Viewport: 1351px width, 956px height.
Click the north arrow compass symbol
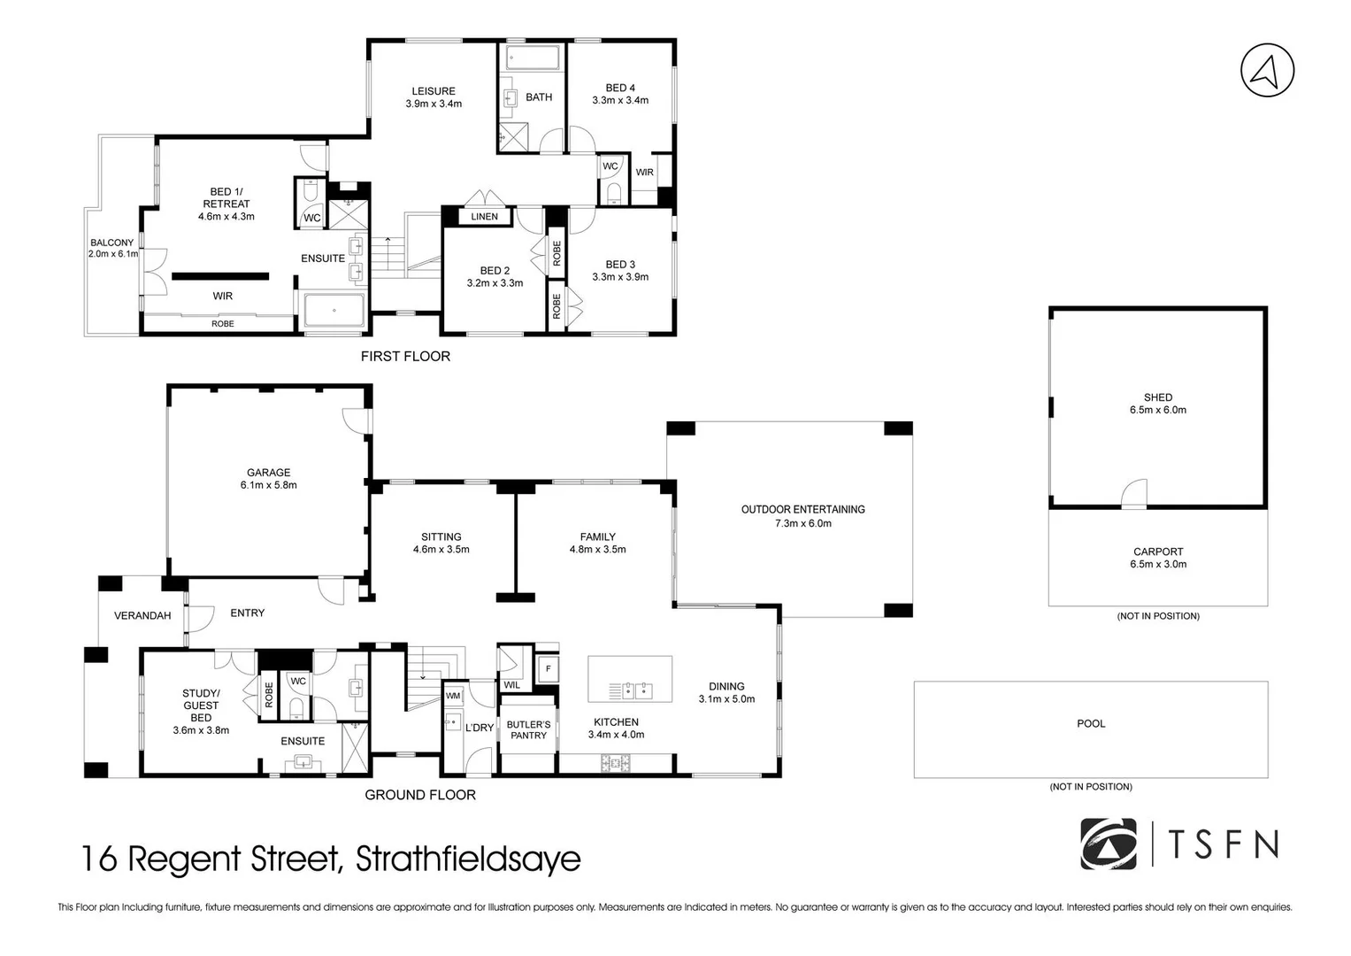[x=1267, y=70]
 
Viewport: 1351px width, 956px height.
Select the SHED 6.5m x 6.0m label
[x=1157, y=404]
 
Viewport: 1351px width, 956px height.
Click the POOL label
[x=1091, y=723]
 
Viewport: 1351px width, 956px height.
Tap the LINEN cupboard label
[x=484, y=217]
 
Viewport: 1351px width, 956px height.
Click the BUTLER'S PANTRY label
[x=528, y=729]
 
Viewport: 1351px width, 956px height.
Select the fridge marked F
[x=548, y=669]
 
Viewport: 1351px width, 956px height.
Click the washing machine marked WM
[x=453, y=696]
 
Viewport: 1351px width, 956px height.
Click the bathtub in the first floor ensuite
[x=334, y=312]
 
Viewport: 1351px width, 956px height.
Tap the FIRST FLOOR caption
[x=405, y=356]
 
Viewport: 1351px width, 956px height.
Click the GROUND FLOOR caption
[x=420, y=795]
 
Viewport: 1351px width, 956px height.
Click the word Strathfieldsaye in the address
[x=468, y=859]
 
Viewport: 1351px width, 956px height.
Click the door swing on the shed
[x=1134, y=495]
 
